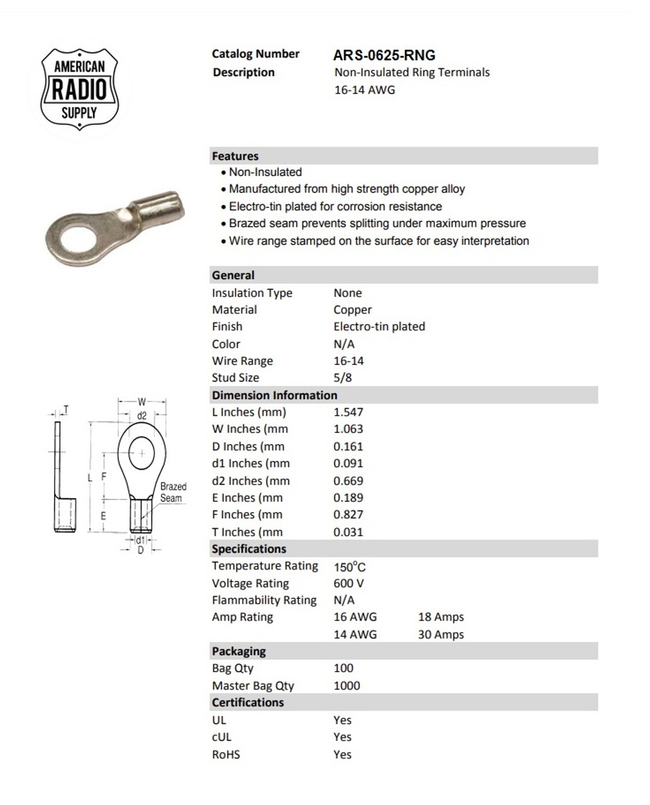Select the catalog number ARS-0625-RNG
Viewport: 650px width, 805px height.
384,55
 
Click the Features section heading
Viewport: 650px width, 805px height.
235,156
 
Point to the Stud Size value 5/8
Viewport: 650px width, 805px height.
343,377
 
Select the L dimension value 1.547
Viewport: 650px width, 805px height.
349,412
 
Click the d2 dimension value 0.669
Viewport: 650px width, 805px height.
349,480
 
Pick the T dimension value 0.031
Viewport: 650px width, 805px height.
349,532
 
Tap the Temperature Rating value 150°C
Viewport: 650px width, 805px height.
349,566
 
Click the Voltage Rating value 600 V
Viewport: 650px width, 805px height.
349,583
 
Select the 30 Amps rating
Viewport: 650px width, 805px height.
440,635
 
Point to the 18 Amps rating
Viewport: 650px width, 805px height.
440,617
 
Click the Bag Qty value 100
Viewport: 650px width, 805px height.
344,668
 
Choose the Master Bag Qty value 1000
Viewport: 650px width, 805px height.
347,686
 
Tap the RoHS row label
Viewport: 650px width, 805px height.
226,754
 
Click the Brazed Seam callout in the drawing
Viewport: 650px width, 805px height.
173,492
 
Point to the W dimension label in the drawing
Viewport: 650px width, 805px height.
142,402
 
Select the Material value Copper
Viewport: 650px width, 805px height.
352,309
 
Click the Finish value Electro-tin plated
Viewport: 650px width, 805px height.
379,326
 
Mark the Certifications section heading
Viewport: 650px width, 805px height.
248,702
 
